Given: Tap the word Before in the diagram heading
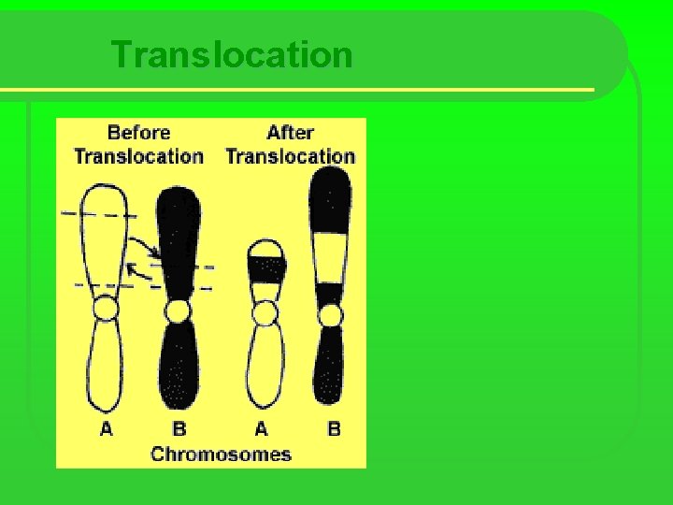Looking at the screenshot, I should click(x=139, y=133).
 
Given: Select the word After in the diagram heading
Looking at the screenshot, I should click(x=290, y=133).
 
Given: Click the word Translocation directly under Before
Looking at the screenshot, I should click(x=139, y=156).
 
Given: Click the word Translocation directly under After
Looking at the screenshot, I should click(x=290, y=156).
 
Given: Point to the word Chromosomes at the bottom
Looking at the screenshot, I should click(x=221, y=454).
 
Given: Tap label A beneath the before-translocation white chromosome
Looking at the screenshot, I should click(x=107, y=429).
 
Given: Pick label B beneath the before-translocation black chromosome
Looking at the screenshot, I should click(x=179, y=429).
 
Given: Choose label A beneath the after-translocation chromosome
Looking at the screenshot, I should click(x=261, y=429).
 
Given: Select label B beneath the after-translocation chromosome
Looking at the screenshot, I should click(x=334, y=429).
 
